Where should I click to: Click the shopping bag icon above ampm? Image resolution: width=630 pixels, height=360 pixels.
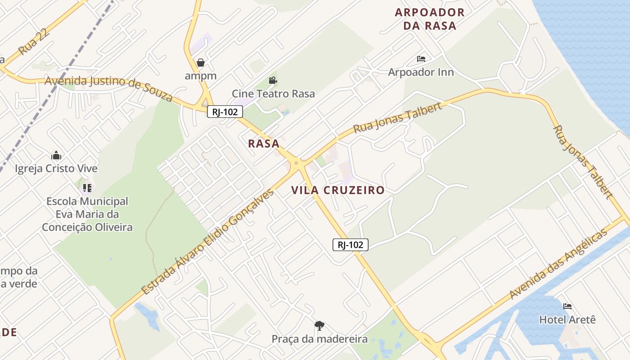(x=201, y=63)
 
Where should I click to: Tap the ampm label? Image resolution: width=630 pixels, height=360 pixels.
(x=201, y=76)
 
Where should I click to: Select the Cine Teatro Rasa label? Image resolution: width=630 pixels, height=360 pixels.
(x=273, y=94)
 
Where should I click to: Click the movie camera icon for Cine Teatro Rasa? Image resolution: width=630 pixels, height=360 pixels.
(x=273, y=81)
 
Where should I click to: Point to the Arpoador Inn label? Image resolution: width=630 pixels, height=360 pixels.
(x=421, y=72)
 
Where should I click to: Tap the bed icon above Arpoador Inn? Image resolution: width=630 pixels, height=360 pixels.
(x=421, y=59)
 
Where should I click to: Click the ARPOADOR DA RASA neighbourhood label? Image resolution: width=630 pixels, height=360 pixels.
(x=430, y=19)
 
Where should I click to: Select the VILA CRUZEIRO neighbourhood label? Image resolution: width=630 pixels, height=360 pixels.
(x=338, y=190)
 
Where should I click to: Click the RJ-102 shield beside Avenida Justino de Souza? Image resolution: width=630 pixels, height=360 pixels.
(x=225, y=112)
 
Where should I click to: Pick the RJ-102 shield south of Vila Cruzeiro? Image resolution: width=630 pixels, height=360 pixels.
(x=351, y=245)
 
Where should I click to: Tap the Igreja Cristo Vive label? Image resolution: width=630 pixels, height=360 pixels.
(x=56, y=169)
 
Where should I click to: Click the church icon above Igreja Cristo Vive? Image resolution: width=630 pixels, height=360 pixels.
(x=56, y=156)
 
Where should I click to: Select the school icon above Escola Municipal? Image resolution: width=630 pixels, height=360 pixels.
(x=87, y=188)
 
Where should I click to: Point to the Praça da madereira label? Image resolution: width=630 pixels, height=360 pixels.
(x=319, y=339)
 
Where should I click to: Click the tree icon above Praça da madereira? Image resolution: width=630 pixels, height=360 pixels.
(x=319, y=325)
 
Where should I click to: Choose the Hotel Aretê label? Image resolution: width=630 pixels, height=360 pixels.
(x=567, y=319)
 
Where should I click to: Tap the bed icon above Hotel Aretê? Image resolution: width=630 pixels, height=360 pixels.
(x=567, y=306)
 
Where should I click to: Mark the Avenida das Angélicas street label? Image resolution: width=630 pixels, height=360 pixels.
(x=558, y=264)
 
